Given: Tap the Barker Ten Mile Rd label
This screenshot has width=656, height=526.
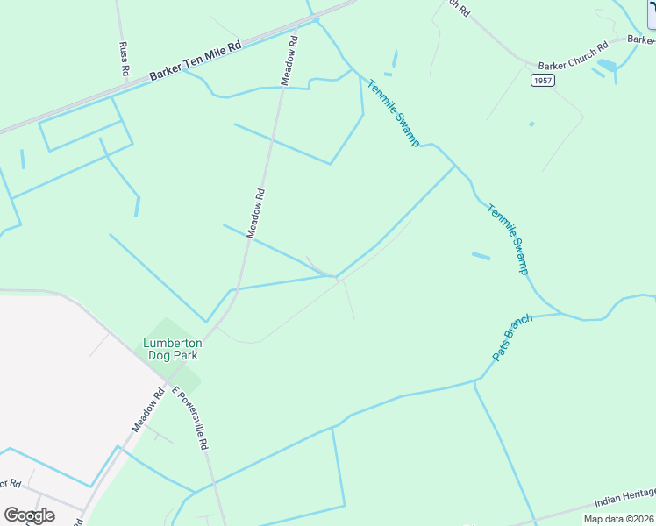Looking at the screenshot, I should coord(195,61).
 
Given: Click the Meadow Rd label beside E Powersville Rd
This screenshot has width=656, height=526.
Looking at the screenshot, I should coord(148,411).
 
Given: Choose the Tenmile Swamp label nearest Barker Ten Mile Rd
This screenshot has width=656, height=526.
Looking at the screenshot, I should coord(393,113).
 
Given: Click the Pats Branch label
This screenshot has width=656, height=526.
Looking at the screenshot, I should coord(507,338).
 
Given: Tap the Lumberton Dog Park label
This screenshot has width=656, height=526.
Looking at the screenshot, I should coord(172,349).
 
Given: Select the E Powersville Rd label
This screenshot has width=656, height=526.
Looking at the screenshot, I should coord(189,419).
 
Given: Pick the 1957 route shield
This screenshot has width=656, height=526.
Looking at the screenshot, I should coord(543,80).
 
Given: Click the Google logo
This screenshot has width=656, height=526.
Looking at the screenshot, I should coord(29,515).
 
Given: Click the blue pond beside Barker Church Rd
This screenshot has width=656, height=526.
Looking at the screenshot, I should coord(607,66).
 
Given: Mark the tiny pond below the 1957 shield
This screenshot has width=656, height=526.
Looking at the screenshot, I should coord(531,124).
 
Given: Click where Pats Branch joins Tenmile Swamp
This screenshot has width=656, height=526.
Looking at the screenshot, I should coord(561,313).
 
